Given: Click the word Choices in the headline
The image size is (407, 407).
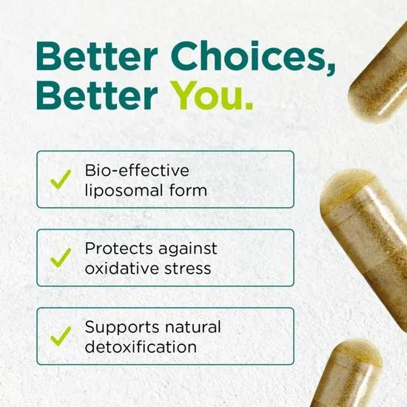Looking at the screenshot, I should [x=251, y=57].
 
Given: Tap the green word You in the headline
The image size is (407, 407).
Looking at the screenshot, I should [x=212, y=96].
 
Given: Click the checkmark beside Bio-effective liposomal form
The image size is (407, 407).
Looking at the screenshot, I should [x=60, y=179].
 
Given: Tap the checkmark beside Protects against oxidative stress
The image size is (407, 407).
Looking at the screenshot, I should [x=60, y=258].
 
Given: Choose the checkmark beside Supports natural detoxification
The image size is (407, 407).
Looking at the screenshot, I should [x=60, y=336].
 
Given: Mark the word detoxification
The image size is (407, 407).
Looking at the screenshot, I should [x=141, y=346].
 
